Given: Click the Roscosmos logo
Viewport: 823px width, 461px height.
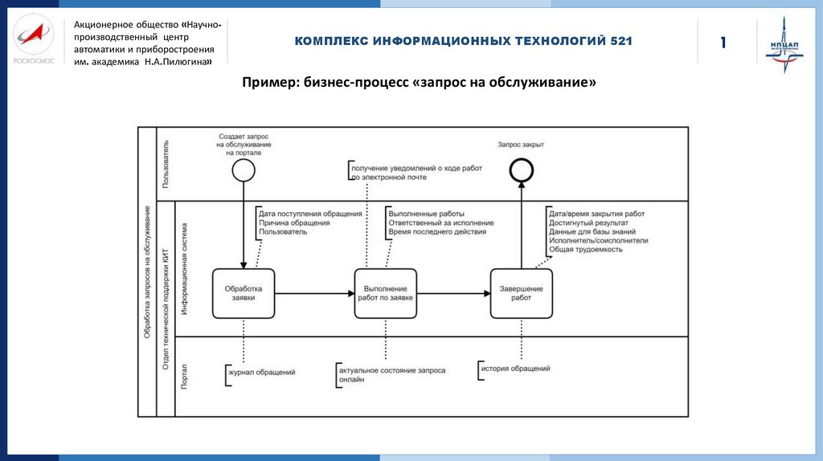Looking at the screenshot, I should click(x=34, y=41).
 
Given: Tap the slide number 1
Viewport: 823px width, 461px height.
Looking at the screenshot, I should click(x=723, y=42).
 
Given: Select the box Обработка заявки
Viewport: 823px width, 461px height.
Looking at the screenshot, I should click(x=244, y=292).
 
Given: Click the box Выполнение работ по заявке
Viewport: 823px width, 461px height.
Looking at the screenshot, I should click(x=386, y=292).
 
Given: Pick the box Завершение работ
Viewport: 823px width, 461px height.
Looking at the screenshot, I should click(x=521, y=292).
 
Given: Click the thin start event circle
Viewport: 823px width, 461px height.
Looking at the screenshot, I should click(x=243, y=169).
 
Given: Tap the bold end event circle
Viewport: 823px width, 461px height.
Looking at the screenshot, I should click(x=521, y=169).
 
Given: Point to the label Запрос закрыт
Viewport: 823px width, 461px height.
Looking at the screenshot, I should click(x=521, y=145).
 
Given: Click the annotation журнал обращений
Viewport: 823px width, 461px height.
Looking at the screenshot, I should click(x=262, y=373).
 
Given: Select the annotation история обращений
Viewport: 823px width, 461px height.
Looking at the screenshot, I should click(x=515, y=368).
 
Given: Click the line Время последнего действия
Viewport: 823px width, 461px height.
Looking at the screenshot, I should click(x=436, y=232).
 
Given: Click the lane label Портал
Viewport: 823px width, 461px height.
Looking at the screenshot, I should click(x=185, y=376).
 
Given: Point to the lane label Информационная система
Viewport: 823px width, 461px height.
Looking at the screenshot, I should click(x=185, y=268).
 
